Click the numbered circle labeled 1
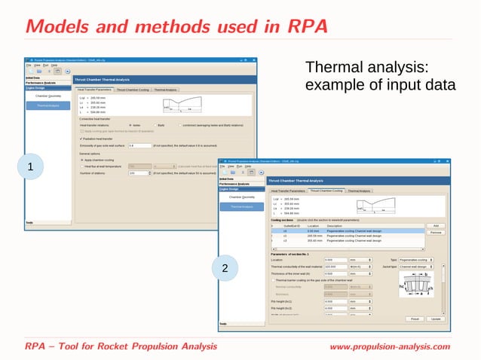(29, 166)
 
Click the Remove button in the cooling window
(435, 233)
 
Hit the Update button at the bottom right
(436, 319)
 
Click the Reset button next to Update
(415, 319)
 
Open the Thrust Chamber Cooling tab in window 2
(326, 191)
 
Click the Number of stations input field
(139, 172)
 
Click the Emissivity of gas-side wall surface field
(139, 145)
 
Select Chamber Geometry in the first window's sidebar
(47, 96)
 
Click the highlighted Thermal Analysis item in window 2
(241, 206)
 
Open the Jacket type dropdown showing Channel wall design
(417, 267)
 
